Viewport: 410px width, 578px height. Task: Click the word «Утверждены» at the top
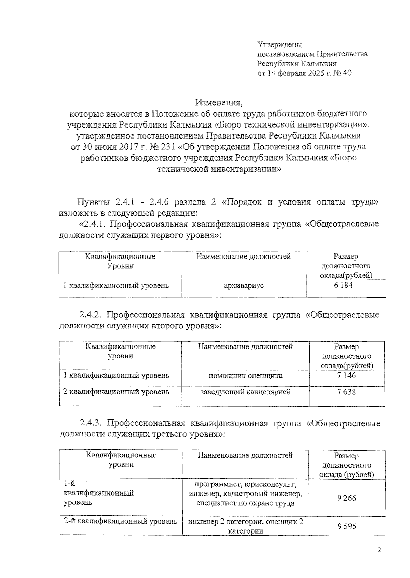[279, 44]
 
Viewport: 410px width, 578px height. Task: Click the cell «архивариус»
[243, 285]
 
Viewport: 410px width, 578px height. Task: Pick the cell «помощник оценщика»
[245, 376]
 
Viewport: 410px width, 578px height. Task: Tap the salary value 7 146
[346, 376]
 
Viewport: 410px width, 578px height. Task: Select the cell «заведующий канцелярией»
[245, 392]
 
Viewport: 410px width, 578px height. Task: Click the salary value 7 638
[346, 392]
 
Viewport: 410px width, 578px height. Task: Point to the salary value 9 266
[346, 498]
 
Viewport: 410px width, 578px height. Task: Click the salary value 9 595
[346, 526]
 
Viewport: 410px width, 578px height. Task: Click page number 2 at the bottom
[379, 550]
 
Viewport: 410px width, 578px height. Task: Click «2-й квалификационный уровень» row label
[120, 522]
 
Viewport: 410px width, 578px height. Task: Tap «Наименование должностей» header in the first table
[243, 257]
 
